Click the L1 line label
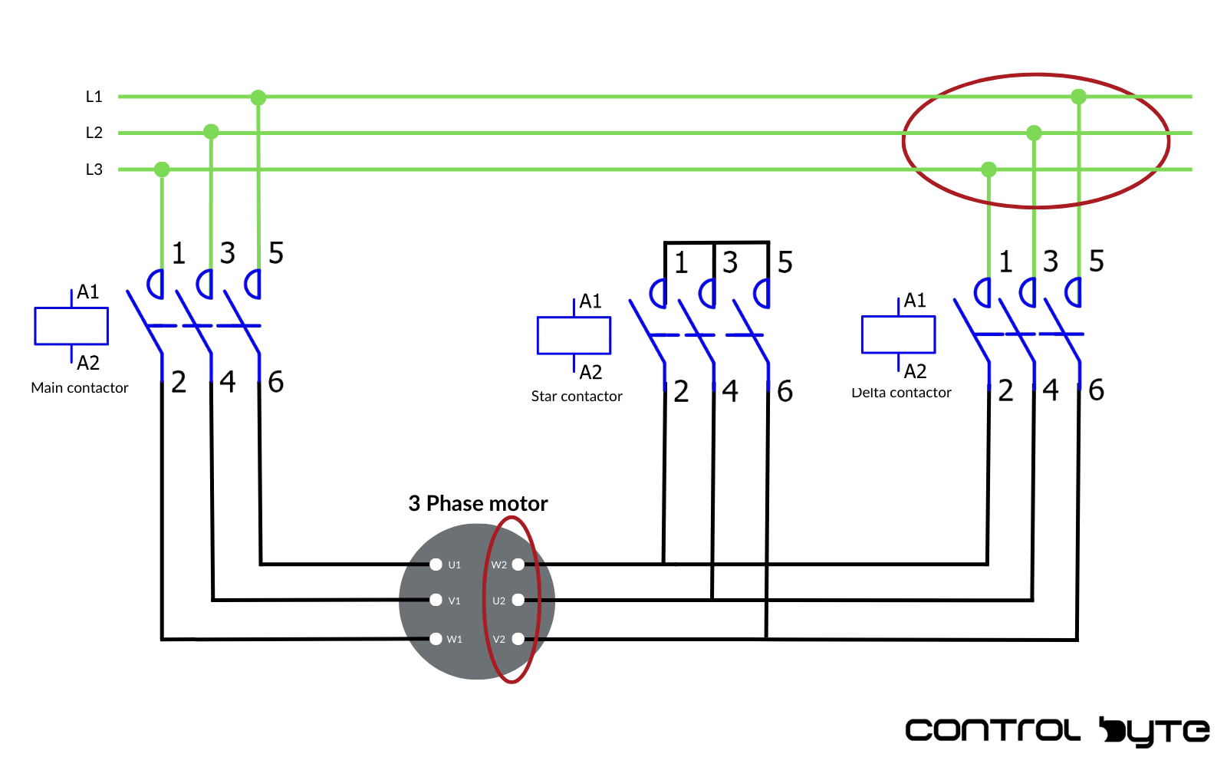94,97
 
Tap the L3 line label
94,170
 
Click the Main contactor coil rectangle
71,327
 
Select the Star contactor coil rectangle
574,335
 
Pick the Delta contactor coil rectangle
898,334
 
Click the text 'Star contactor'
577,397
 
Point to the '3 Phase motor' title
478,503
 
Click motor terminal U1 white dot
436,565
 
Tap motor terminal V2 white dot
518,638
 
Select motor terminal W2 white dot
518,565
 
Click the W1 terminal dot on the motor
436,638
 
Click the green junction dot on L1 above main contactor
258,97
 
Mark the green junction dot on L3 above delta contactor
989,170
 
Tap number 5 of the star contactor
785,262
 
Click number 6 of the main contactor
276,382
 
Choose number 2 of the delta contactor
1005,390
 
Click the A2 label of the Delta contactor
915,371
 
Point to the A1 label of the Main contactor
88,292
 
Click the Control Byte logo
1057,730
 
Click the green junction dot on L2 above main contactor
211,132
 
